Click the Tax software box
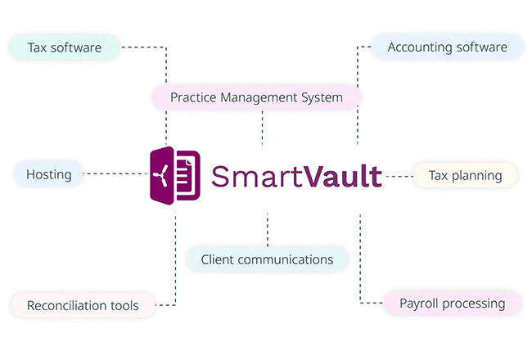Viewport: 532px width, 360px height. pyautogui.click(x=65, y=47)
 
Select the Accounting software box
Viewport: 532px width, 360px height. pyautogui.click(x=447, y=47)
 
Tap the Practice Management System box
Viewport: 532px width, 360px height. pyautogui.click(x=256, y=97)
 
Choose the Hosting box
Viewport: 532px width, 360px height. pyautogui.click(x=49, y=174)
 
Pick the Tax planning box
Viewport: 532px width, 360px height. pyautogui.click(x=465, y=175)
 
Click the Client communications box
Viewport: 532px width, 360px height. pyautogui.click(x=267, y=259)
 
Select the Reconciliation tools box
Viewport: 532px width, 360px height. pyautogui.click(x=83, y=305)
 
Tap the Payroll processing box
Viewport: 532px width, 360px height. pyautogui.click(x=453, y=303)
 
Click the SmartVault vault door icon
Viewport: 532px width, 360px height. pyautogui.click(x=175, y=176)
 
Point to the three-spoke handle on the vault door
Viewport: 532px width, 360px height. pyautogui.click(x=161, y=175)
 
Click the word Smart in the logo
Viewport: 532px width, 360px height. pyautogui.click(x=256, y=176)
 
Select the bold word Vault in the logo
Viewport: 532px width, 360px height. pyautogui.click(x=342, y=176)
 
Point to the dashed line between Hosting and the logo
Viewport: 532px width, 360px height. pyautogui.click(x=115, y=173)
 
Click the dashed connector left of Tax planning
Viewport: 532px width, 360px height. pyautogui.click(x=399, y=177)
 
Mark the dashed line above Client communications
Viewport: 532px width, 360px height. pyautogui.click(x=268, y=230)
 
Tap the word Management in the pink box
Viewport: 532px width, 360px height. pyautogui.click(x=259, y=97)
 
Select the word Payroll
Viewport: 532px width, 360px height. pyautogui.click(x=418, y=303)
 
